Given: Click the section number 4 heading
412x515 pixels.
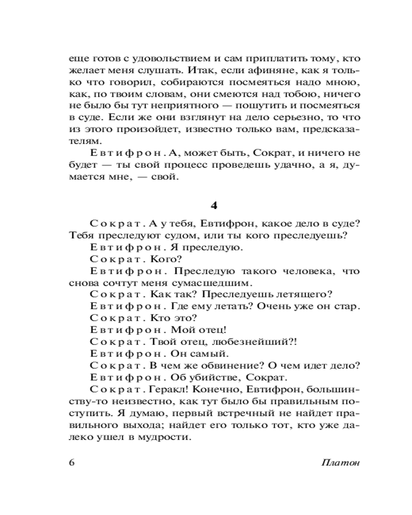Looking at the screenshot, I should [215, 204].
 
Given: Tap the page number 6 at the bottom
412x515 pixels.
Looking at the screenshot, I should [72, 461].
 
